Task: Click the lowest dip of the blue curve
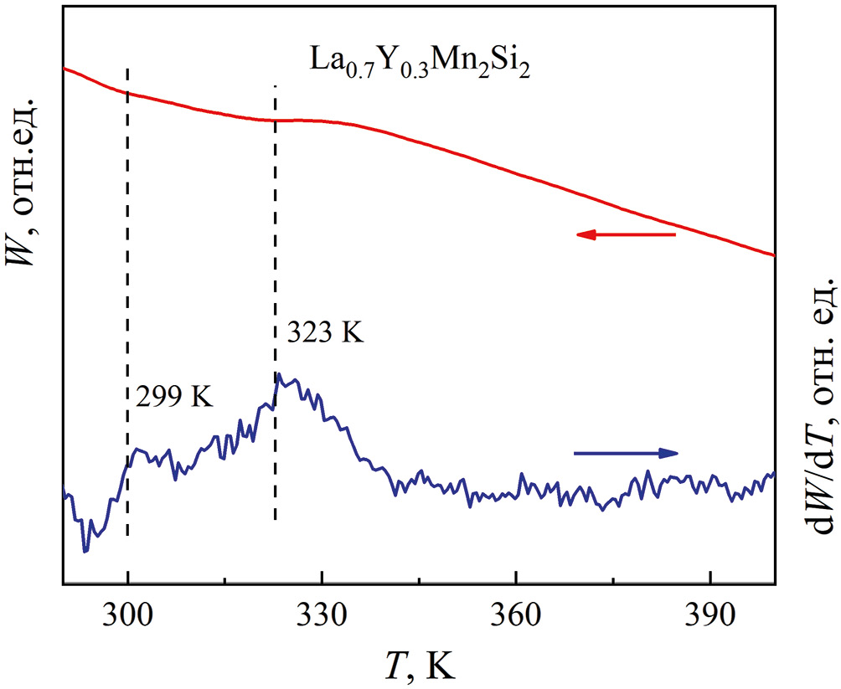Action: [85, 551]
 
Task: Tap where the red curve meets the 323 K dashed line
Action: [275, 120]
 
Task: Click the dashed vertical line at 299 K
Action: [127, 335]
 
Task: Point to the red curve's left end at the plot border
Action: [64, 68]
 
